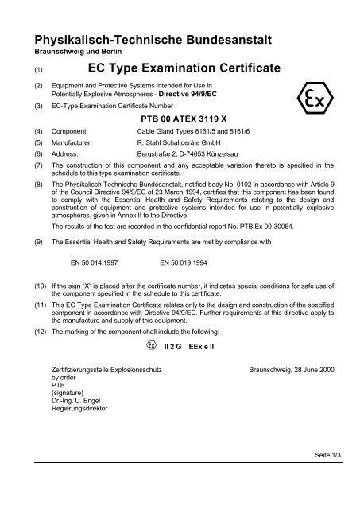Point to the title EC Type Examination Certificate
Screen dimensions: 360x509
coord(184,69)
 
